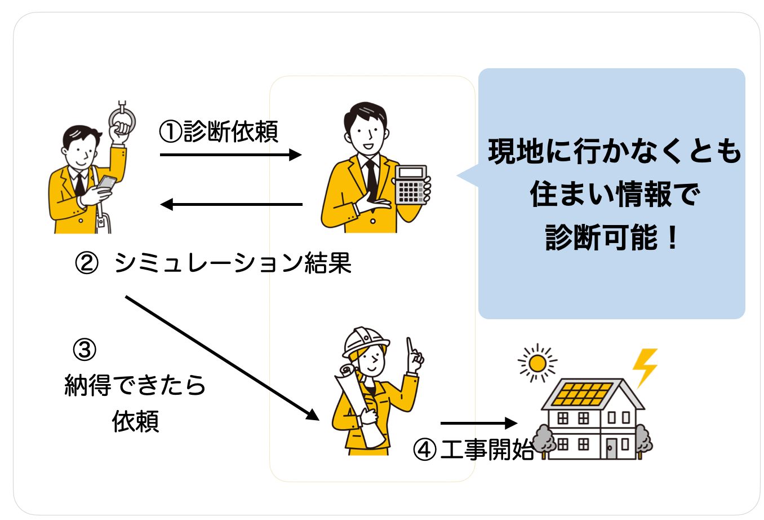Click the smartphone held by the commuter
pos(106,183)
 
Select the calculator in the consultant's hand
pos(410,184)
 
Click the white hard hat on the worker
pos(365,340)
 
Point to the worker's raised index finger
pos(411,347)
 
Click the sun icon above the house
pos(537,363)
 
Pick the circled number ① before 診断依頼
pos(171,132)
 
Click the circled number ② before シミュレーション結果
pos(86,263)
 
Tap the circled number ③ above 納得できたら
pos(85,350)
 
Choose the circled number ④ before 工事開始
pos(425,450)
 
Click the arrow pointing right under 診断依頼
pos(231,155)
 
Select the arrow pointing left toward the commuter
pos(231,204)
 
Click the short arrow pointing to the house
pos(478,423)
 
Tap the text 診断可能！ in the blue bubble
pos(612,237)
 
